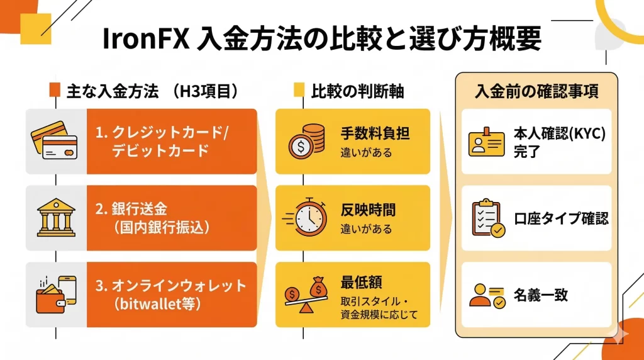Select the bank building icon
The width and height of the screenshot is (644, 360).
click(55, 218)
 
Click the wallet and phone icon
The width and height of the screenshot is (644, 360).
click(55, 294)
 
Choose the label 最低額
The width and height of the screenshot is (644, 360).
click(358, 281)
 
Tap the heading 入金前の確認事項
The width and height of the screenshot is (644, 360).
click(536, 91)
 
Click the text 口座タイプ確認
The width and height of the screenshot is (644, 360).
click(560, 218)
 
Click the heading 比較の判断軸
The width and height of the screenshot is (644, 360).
click(357, 91)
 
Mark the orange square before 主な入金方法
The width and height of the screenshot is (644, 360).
click(55, 91)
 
